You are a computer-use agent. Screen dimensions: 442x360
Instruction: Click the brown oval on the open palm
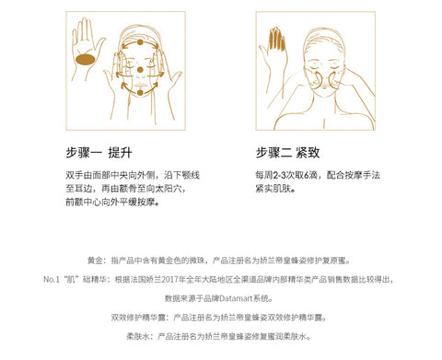pos(86,59)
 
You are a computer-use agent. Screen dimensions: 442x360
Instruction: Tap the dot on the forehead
pos(140,42)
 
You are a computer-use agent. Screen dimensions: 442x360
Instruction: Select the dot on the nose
pos(140,70)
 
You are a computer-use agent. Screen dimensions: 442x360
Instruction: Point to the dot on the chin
pos(140,92)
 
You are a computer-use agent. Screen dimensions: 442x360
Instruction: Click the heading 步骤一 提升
pos(99,153)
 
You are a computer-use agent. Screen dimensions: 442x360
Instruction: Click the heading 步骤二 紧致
pos(288,153)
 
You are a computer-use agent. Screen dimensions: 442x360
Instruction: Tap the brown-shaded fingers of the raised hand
pos(277,39)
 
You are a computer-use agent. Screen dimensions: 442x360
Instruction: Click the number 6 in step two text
pos(307,175)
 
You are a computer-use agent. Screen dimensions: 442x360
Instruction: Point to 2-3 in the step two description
pos(280,175)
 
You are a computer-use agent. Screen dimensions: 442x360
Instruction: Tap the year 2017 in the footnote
pos(170,280)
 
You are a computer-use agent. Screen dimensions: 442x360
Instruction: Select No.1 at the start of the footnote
pos(51,280)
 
